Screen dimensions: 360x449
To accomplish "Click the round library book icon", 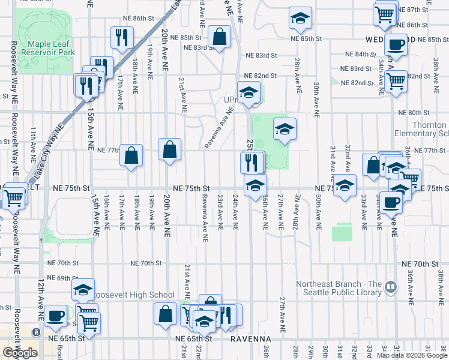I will [393, 287].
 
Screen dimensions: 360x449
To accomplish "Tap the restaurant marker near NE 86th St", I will [122, 38].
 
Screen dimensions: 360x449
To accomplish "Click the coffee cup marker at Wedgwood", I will [396, 44].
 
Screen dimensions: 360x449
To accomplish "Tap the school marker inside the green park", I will [285, 128].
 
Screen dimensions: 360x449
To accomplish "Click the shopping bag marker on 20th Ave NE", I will [170, 149].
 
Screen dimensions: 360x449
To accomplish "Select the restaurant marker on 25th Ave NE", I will [252, 162].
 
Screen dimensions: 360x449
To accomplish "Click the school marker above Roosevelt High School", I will [83, 290].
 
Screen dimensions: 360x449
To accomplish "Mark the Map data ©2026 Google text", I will [412, 355].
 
